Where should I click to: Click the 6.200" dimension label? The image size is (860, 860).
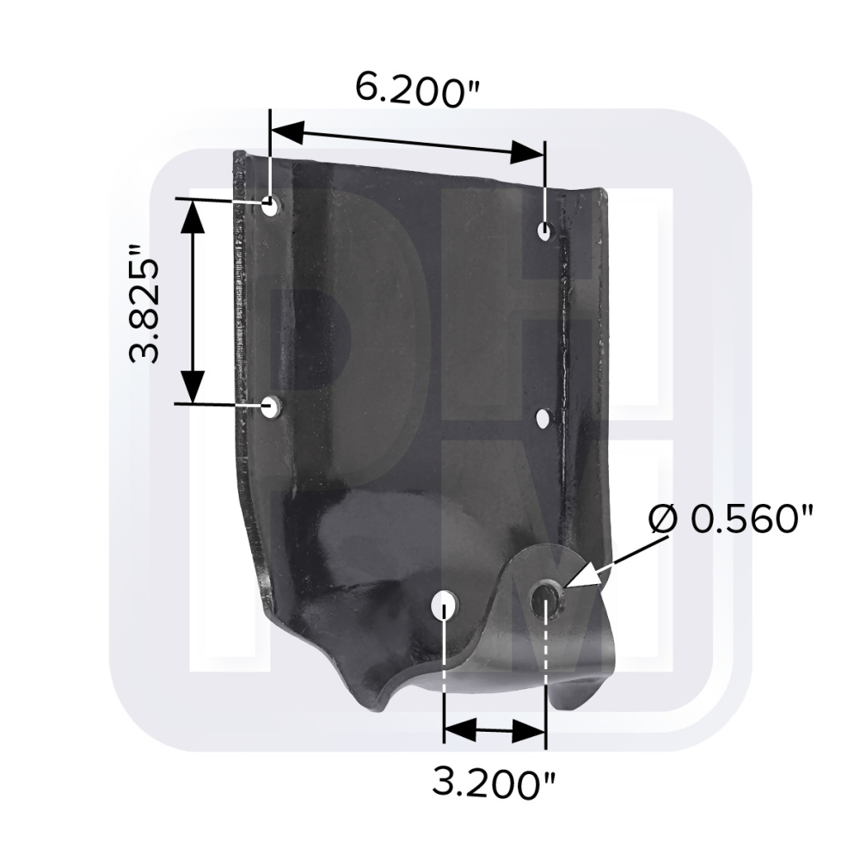coord(417,89)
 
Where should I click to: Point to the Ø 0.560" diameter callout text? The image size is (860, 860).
coord(730,518)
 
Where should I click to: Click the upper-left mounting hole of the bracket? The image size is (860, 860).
coord(270,206)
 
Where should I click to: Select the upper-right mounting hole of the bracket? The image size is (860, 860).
coord(544,230)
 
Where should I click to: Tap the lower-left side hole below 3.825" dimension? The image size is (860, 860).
coord(269,408)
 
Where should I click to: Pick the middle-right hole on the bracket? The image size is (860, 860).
coord(544,419)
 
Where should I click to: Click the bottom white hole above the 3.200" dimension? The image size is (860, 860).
coord(444,604)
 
